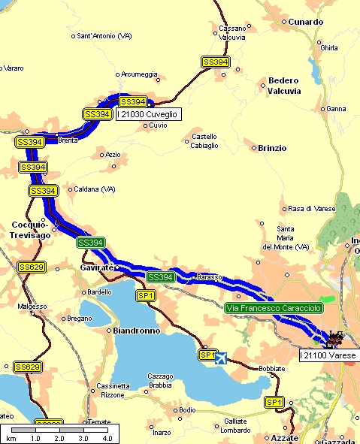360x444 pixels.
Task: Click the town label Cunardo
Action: point(305,23)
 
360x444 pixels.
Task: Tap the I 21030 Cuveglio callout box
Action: point(147,114)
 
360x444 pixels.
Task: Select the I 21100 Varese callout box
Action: point(328,354)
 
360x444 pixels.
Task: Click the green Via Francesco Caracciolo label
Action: point(274,308)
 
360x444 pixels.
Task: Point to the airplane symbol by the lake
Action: point(220,358)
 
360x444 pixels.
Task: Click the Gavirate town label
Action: point(95,267)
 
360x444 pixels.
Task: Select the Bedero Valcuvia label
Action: point(284,86)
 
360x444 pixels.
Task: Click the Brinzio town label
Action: point(272,148)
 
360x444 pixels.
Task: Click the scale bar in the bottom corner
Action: point(58,433)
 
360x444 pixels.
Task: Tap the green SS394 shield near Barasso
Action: point(160,277)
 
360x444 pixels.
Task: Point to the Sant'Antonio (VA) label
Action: point(104,35)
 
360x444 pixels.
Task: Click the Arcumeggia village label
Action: point(140,74)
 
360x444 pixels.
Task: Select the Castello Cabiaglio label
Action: point(205,140)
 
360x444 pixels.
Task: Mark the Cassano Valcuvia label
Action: point(232,32)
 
